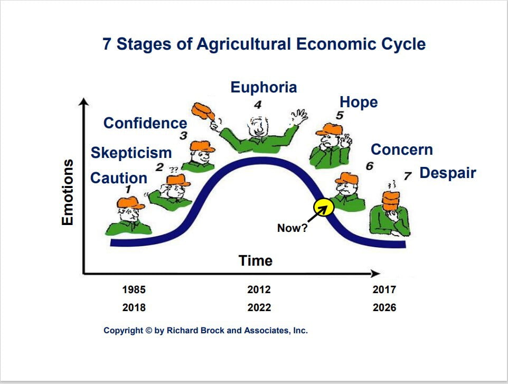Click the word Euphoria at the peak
(x=264, y=88)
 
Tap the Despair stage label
(x=448, y=173)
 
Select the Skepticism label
(x=131, y=153)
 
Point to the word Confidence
(x=145, y=123)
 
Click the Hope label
(x=359, y=102)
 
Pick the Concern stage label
(x=402, y=149)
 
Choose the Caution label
(x=119, y=178)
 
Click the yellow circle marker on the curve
(x=324, y=208)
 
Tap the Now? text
(x=292, y=228)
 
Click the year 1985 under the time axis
(x=134, y=289)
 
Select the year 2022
(x=259, y=307)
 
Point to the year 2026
(x=384, y=307)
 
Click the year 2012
(x=259, y=289)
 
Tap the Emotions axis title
(x=68, y=192)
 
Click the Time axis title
(x=256, y=260)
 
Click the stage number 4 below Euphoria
(x=258, y=105)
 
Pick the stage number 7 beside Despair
(x=407, y=176)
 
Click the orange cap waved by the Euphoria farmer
(x=203, y=111)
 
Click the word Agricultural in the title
(x=243, y=44)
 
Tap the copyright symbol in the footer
(x=149, y=331)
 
